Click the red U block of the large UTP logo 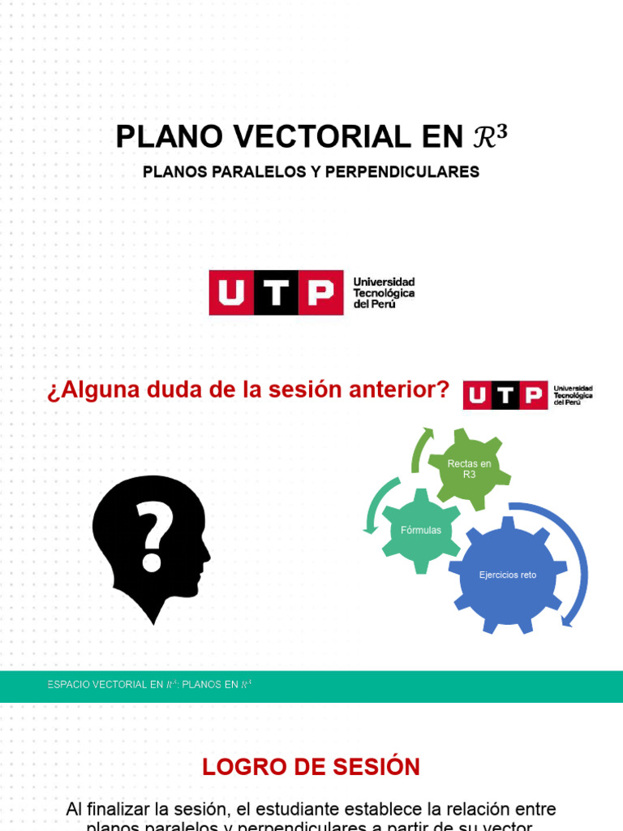[x=231, y=293]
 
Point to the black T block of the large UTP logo [x=276, y=293]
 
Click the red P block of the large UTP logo [x=320, y=293]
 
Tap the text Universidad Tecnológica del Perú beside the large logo [x=384, y=292]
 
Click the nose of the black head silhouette [x=207, y=557]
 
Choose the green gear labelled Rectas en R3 [x=470, y=469]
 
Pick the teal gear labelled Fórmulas [x=421, y=531]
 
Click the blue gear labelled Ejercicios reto [x=508, y=575]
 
